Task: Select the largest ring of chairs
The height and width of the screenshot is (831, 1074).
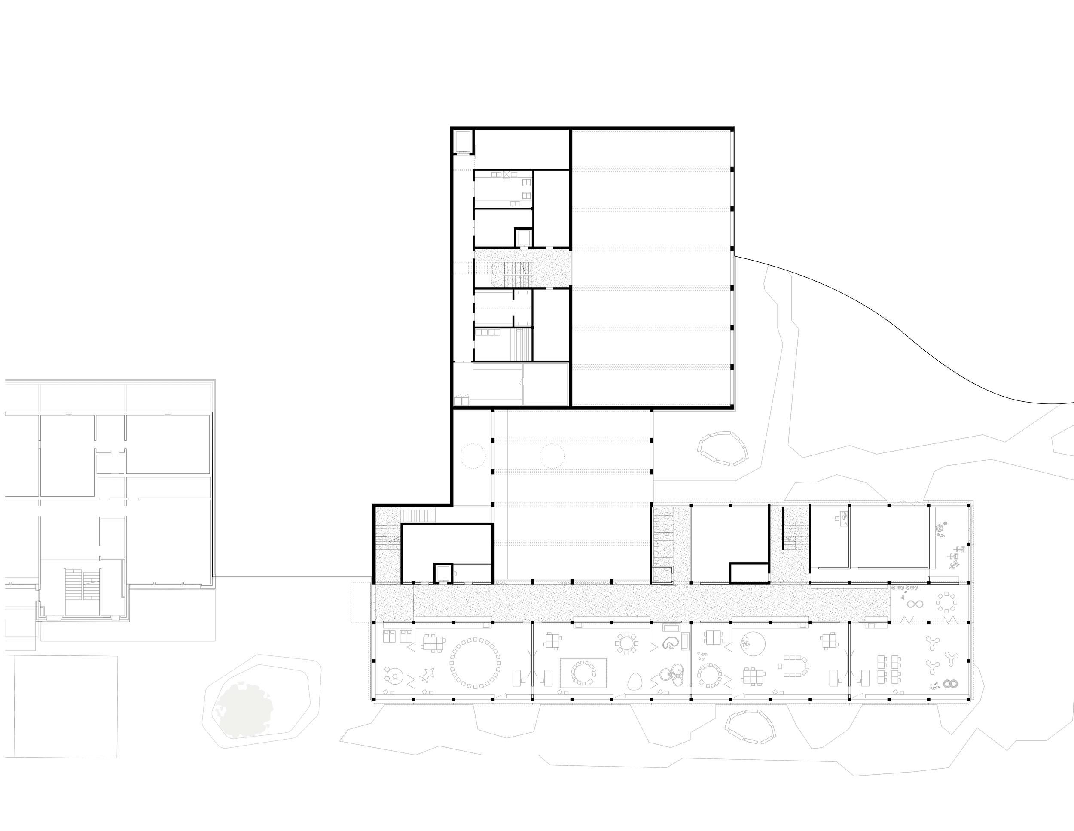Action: click(x=475, y=662)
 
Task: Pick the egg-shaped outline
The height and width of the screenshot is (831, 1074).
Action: click(x=635, y=681)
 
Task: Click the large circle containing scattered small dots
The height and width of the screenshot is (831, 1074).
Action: click(x=752, y=644)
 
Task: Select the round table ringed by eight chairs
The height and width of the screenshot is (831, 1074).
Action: click(x=626, y=642)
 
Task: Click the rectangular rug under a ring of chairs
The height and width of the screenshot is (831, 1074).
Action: click(x=584, y=673)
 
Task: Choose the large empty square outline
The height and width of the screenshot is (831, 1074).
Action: click(x=545, y=384)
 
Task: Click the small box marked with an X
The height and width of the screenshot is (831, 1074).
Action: click(x=506, y=174)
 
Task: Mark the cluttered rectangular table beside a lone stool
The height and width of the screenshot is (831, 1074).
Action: click(x=843, y=518)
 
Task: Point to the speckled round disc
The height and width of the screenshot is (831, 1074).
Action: click(x=939, y=528)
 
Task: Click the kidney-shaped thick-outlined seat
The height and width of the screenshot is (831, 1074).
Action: click(x=669, y=643)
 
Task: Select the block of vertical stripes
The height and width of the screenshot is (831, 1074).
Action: click(x=519, y=344)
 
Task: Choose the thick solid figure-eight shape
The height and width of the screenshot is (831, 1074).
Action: click(x=950, y=684)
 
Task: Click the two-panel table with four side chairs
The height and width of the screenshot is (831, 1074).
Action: click(x=713, y=637)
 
